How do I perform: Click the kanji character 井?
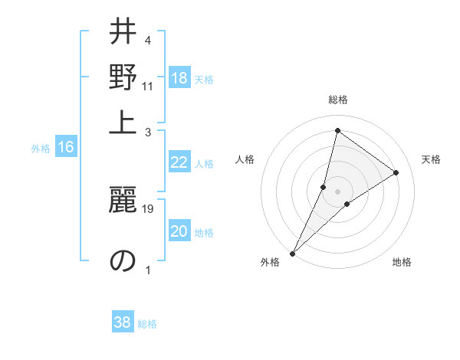click(122, 32)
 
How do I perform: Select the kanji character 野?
click(122, 77)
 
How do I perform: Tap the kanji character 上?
click(122, 122)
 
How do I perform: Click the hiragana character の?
click(122, 260)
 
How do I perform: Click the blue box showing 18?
click(179, 78)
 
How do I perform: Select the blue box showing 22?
click(179, 162)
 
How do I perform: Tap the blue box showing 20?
click(179, 232)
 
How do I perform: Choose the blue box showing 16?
click(66, 148)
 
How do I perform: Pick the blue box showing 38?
click(123, 322)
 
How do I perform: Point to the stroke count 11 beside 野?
click(148, 86)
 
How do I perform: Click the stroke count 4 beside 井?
click(148, 40)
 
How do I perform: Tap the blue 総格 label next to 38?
click(147, 324)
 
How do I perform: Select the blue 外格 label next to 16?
click(41, 149)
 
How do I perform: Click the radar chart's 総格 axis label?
click(337, 100)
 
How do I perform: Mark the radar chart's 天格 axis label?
click(431, 159)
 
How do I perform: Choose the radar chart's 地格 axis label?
click(402, 262)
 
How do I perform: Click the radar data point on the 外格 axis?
click(292, 253)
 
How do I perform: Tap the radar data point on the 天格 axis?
click(396, 173)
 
